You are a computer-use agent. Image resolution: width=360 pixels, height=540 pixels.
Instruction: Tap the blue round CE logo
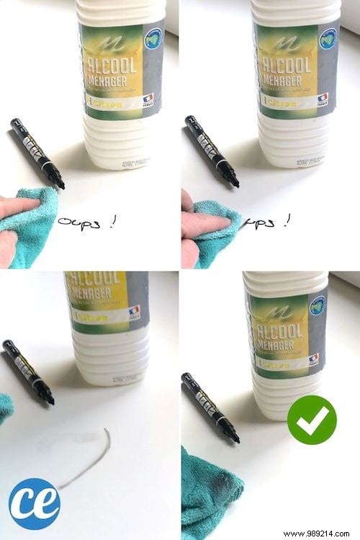pos(34,503)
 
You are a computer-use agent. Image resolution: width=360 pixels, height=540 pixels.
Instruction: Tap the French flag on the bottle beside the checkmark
pos(313,359)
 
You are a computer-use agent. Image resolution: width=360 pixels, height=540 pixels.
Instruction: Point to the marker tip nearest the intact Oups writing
pos(60,185)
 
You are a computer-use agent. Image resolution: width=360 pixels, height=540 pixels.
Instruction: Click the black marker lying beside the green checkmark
pos(210,408)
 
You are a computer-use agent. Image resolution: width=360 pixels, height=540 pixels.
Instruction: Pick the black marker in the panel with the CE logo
pos(28,372)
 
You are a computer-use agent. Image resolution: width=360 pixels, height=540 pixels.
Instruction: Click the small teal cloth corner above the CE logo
pos(6,408)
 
